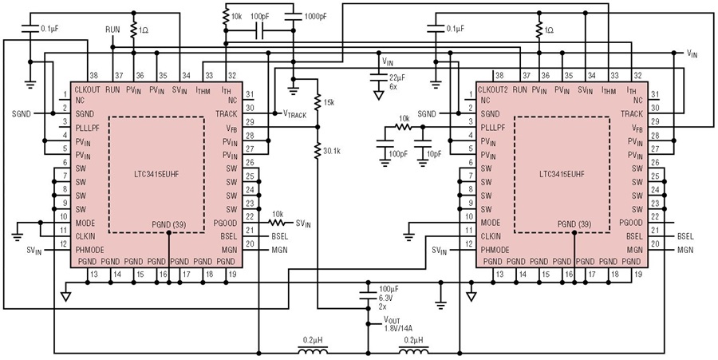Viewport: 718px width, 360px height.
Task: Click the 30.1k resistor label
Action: pyautogui.click(x=333, y=150)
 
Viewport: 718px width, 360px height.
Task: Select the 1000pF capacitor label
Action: pyautogui.click(x=316, y=17)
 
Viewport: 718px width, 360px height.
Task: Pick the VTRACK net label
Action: pyautogui.click(x=294, y=113)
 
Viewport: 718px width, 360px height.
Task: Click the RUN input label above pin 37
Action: pyautogui.click(x=112, y=30)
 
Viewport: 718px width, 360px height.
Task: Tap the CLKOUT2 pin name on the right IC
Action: pyautogui.click(x=493, y=90)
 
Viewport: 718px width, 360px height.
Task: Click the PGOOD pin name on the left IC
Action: pyautogui.click(x=225, y=223)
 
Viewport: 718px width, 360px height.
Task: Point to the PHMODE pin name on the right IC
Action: pyautogui.click(x=495, y=250)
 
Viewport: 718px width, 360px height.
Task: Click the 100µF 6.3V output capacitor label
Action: pyautogui.click(x=388, y=298)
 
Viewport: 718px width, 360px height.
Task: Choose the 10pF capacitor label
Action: pyautogui.click(x=436, y=154)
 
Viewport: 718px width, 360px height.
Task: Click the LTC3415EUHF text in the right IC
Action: pyautogui.click(x=562, y=174)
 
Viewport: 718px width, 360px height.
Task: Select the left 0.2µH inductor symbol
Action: pyautogui.click(x=314, y=351)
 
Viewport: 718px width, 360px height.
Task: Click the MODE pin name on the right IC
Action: pyautogui.click(x=491, y=223)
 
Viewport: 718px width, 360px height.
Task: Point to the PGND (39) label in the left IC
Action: pyautogui.click(x=172, y=225)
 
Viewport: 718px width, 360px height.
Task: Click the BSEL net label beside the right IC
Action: pyautogui.click(x=685, y=237)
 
